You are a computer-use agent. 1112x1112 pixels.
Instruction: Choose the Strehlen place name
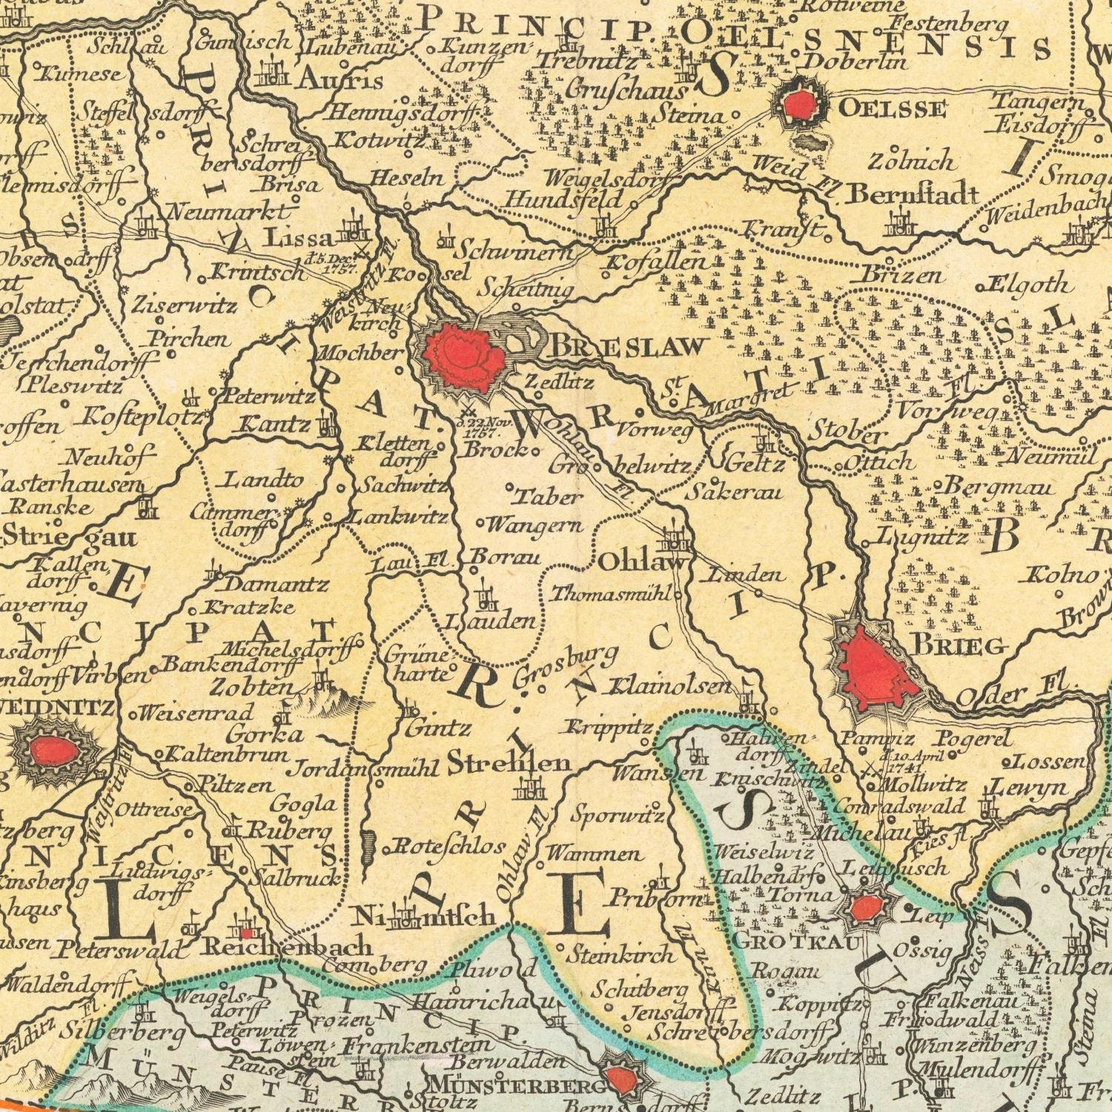pos(509,764)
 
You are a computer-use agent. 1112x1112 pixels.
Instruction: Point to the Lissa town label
pos(299,239)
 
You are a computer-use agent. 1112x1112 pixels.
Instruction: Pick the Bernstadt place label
pos(913,195)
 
